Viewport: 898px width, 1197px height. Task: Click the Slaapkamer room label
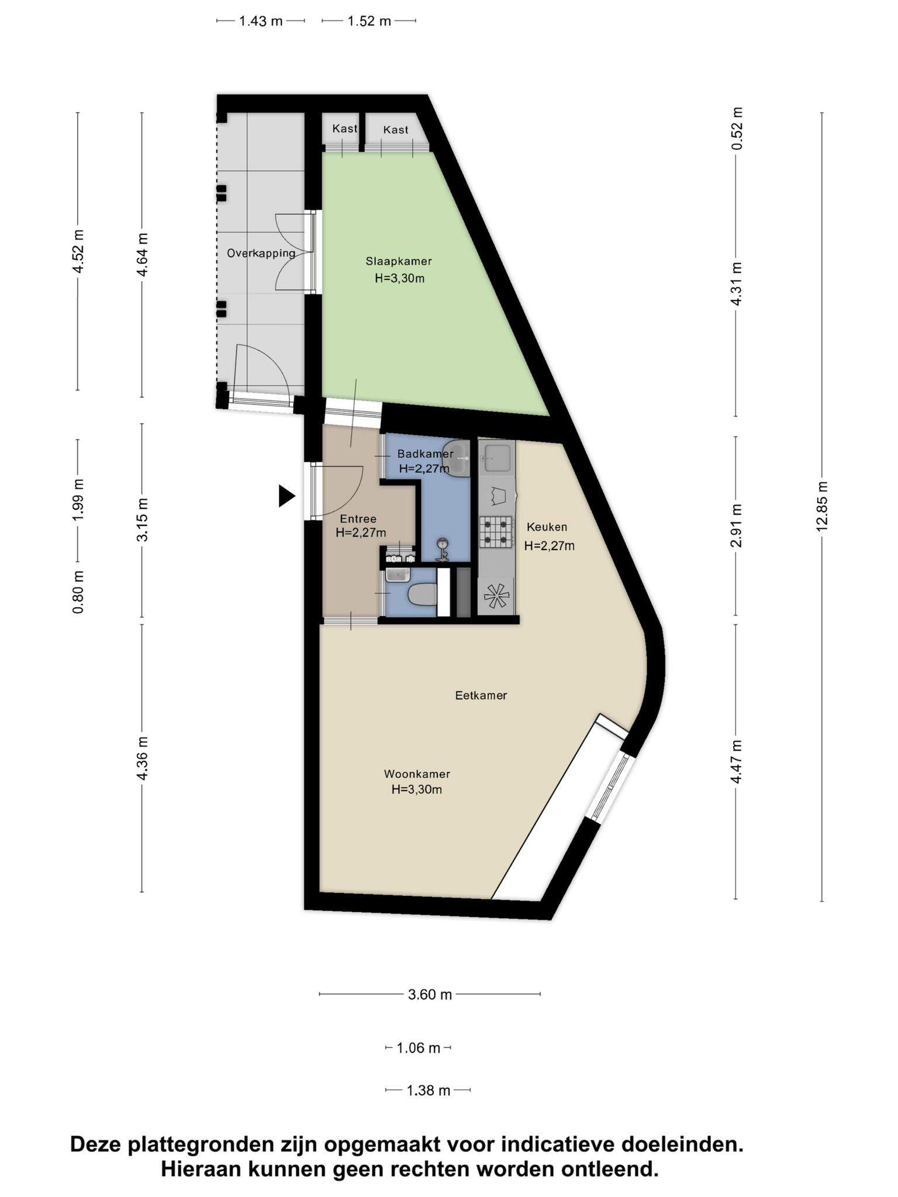399,261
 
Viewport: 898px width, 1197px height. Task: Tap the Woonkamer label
417,774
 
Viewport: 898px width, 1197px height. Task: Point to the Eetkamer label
481,696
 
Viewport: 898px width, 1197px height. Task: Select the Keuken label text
547,527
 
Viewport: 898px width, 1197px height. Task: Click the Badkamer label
425,454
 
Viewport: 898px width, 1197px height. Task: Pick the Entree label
358,518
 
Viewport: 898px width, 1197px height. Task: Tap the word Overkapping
261,253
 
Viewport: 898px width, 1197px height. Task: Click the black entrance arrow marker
286,496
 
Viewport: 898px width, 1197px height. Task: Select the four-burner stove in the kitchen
496,531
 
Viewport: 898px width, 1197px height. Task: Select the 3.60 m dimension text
430,994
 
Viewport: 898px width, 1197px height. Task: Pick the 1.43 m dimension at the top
261,22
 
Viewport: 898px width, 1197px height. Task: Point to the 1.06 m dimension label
418,1048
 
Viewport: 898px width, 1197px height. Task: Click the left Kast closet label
344,129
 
